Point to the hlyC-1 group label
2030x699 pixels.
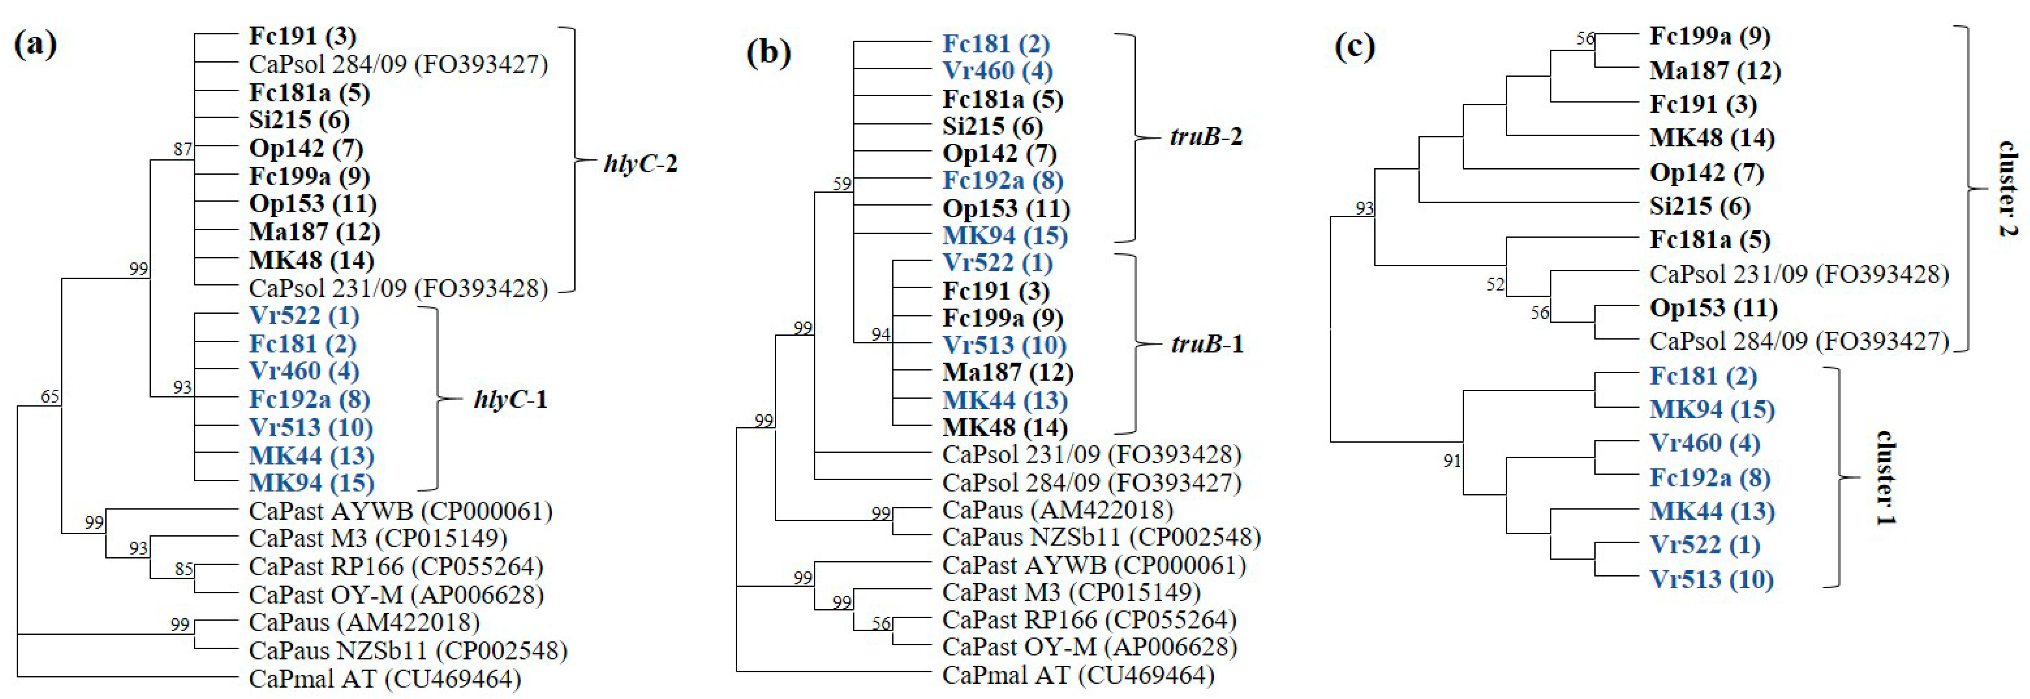511,400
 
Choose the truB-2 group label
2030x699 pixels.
1206,137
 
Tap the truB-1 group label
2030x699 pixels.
1206,345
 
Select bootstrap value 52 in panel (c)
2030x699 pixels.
1495,284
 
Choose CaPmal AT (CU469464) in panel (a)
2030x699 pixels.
385,679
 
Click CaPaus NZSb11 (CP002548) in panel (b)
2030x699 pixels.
1101,537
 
